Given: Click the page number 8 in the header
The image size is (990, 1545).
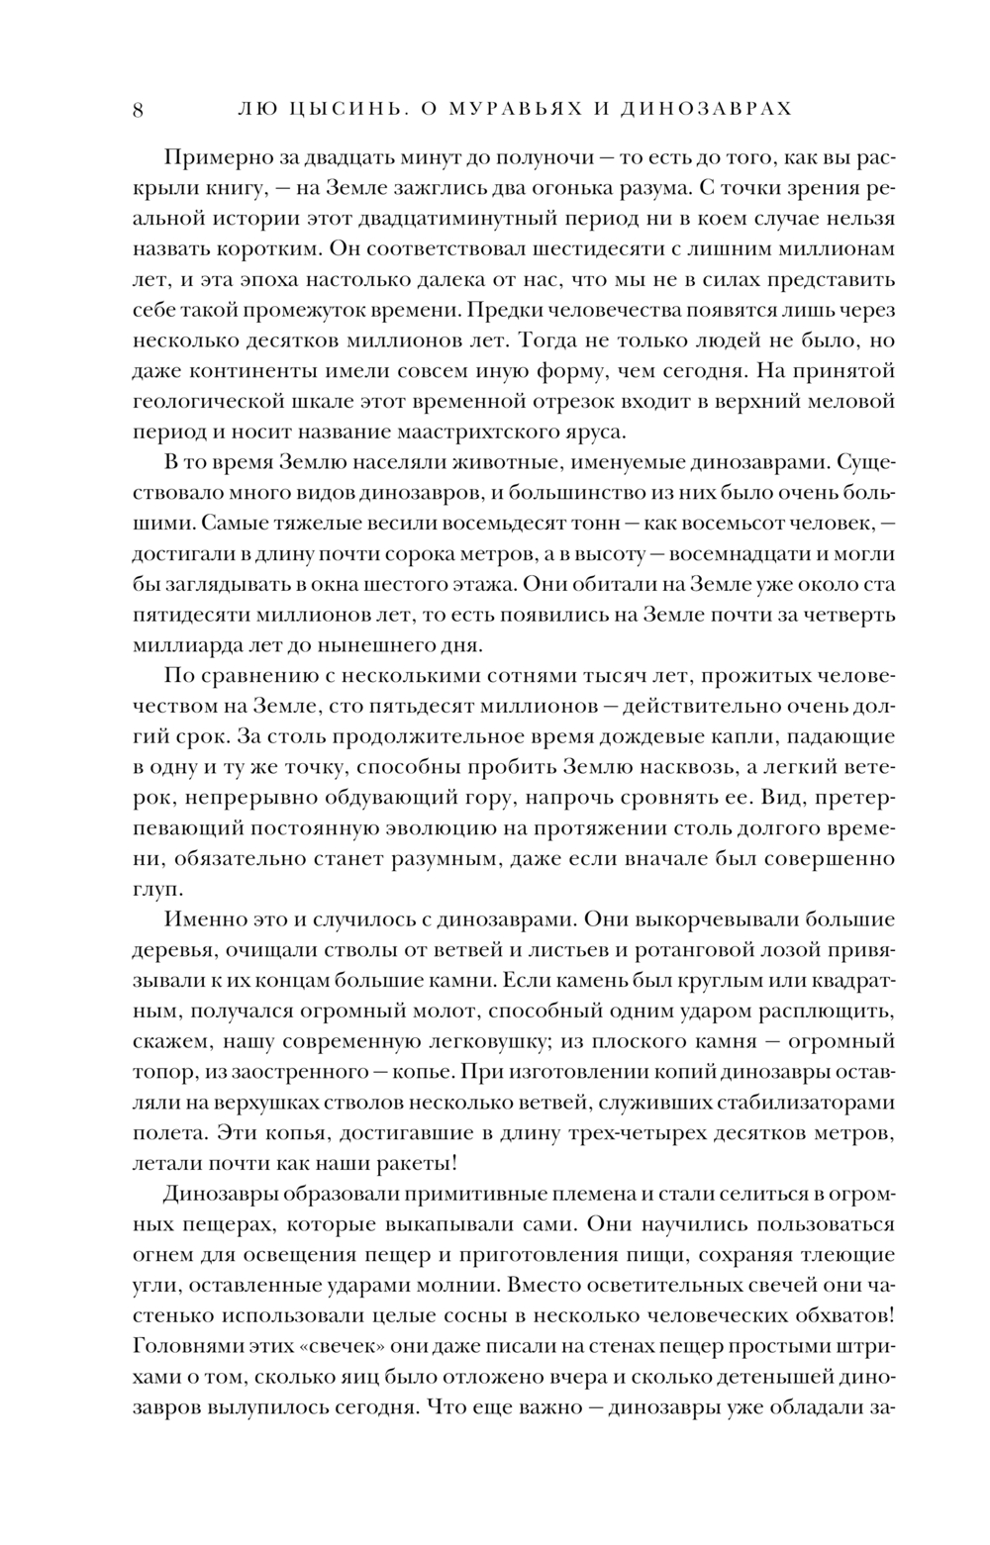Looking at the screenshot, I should pyautogui.click(x=138, y=110).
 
